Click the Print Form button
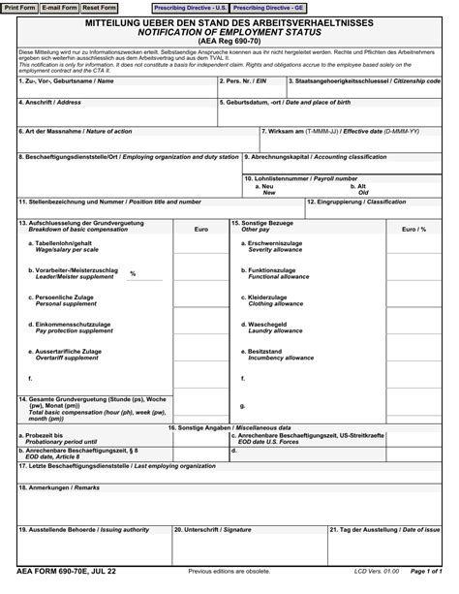[20, 7]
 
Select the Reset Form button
[99, 7]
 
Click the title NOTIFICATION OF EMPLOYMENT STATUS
[229, 31]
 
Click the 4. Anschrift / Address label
[49, 101]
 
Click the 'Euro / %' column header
[414, 229]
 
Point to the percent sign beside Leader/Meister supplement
[133, 273]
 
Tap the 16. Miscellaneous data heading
[229, 426]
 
